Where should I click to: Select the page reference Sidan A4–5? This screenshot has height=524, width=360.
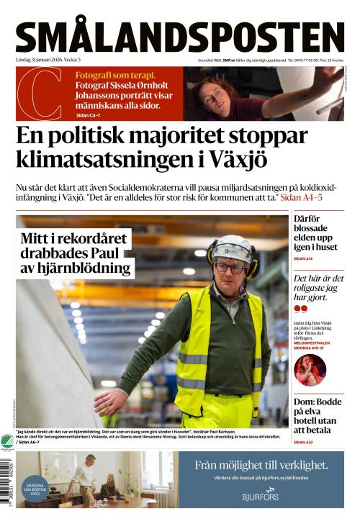(x=301, y=196)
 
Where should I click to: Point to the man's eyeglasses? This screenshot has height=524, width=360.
(x=230, y=268)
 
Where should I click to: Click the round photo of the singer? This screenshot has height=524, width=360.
(x=310, y=370)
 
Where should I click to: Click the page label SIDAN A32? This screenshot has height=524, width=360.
(x=303, y=442)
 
